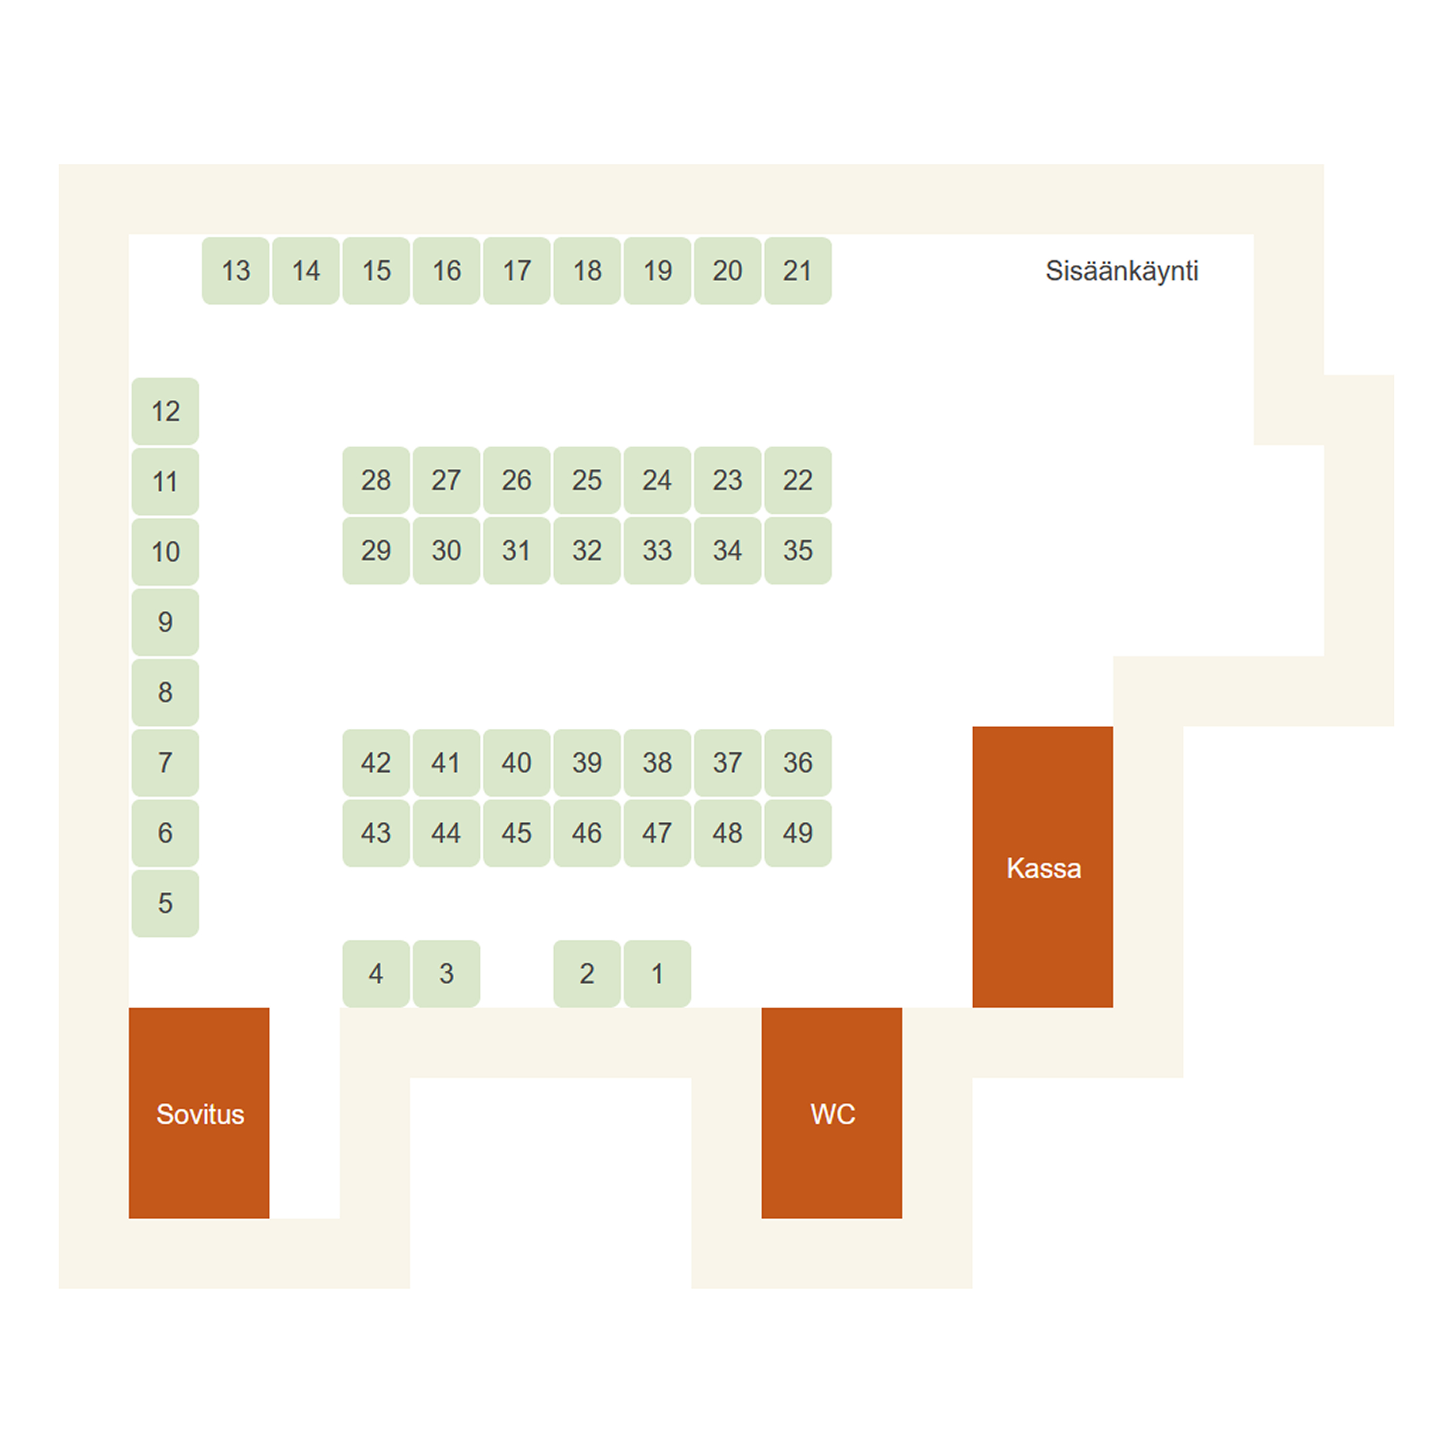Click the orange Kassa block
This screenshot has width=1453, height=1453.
pyautogui.click(x=1042, y=867)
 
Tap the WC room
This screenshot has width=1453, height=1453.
pyautogui.click(x=832, y=1113)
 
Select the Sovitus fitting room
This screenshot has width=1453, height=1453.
pyautogui.click(x=199, y=1113)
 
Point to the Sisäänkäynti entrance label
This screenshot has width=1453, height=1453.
pyautogui.click(x=1121, y=271)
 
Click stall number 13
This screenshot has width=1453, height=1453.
pyautogui.click(x=236, y=271)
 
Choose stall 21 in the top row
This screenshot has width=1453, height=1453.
pyautogui.click(x=798, y=271)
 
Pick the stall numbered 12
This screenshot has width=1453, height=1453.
pyautogui.click(x=165, y=411)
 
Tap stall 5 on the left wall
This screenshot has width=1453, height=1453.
pyautogui.click(x=165, y=903)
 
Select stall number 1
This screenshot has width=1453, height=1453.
pyautogui.click(x=657, y=974)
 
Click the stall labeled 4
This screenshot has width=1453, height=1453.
pyautogui.click(x=376, y=974)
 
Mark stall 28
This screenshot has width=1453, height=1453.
pyautogui.click(x=376, y=480)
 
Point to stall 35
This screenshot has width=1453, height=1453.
pyautogui.click(x=798, y=551)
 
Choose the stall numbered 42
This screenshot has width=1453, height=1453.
pyautogui.click(x=376, y=763)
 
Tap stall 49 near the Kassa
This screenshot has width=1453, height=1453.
pyautogui.click(x=798, y=833)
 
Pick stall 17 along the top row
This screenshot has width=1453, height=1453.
pyautogui.click(x=517, y=271)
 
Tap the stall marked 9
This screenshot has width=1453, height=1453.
pyautogui.click(x=165, y=622)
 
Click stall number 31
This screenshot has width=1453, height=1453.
pyautogui.click(x=517, y=551)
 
